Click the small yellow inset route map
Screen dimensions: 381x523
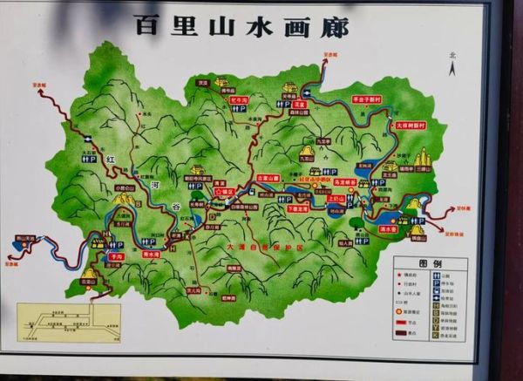tap(69, 322)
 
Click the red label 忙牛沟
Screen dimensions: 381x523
tap(239, 99)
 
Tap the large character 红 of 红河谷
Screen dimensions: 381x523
tap(110, 162)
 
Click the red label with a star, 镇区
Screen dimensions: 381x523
tap(226, 191)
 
